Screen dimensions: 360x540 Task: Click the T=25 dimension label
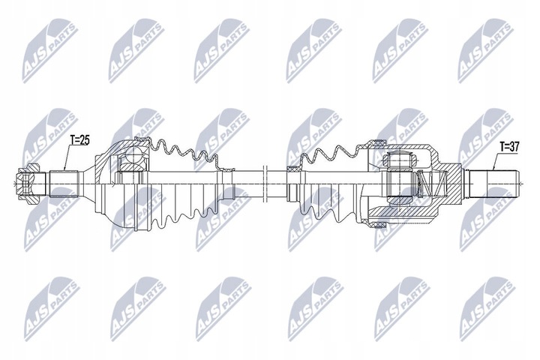click(x=79, y=139)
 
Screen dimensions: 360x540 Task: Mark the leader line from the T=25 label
click(x=67, y=158)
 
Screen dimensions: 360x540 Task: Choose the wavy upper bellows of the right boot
click(x=330, y=154)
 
